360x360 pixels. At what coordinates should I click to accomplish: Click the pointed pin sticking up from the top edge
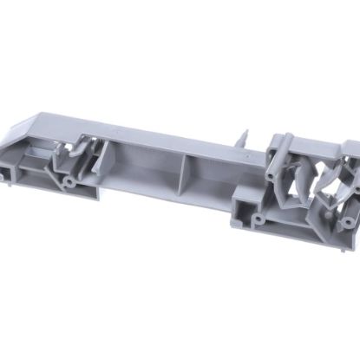pyautogui.click(x=246, y=137)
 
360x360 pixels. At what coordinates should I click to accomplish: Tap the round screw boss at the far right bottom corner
pyautogui.click(x=347, y=222)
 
